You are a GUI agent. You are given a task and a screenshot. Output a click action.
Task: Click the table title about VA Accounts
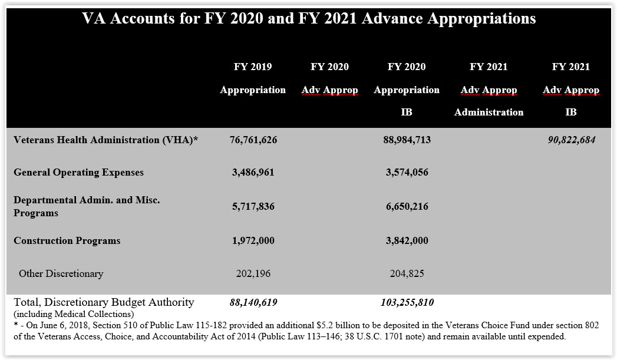pyautogui.click(x=309, y=19)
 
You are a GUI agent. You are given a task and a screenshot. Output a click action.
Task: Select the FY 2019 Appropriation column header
pyautogui.click(x=253, y=78)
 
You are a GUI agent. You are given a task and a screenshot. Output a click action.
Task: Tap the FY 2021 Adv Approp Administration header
pyautogui.click(x=489, y=90)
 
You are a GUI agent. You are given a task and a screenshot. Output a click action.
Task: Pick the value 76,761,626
pyautogui.click(x=253, y=140)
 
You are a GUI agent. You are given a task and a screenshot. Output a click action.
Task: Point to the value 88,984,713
pyautogui.click(x=407, y=140)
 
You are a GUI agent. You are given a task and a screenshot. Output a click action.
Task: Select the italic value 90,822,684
pyautogui.click(x=570, y=140)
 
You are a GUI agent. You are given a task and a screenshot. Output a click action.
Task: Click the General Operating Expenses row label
pyautogui.click(x=78, y=173)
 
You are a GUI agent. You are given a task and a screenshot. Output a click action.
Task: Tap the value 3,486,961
pyautogui.click(x=253, y=173)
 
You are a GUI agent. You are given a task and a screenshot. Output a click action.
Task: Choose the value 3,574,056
pyautogui.click(x=407, y=173)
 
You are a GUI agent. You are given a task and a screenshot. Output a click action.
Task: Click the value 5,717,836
pyautogui.click(x=253, y=207)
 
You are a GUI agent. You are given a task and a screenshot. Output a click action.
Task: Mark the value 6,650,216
pyautogui.click(x=407, y=207)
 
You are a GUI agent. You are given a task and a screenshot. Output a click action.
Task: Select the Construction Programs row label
pyautogui.click(x=67, y=240)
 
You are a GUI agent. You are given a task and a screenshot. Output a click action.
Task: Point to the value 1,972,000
pyautogui.click(x=253, y=240)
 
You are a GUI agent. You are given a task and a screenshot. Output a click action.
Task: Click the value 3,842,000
pyautogui.click(x=407, y=240)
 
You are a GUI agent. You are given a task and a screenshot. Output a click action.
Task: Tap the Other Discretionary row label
pyautogui.click(x=61, y=273)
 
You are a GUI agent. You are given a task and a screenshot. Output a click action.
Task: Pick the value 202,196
pyautogui.click(x=253, y=273)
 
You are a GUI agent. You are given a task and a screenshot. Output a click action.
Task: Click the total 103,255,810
pyautogui.click(x=407, y=303)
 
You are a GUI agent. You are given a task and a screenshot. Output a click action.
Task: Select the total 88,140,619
pyautogui.click(x=253, y=303)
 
